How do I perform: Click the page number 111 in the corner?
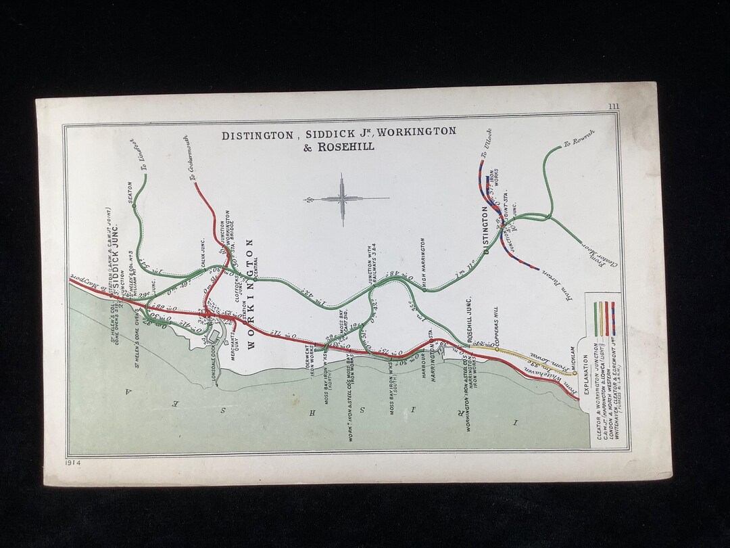613,106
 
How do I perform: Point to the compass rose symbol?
343,199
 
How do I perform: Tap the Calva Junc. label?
203,252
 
